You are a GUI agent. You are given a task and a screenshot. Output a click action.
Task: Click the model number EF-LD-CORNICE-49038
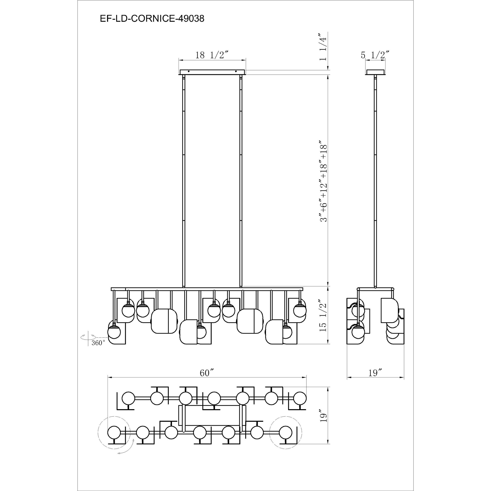click(152, 19)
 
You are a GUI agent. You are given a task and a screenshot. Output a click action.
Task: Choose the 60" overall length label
click(206, 373)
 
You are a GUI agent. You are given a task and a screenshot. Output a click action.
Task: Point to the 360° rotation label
click(98, 343)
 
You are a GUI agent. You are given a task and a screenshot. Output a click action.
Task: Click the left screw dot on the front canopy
click(188, 71)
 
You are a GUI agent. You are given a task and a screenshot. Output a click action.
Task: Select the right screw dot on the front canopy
click(236, 71)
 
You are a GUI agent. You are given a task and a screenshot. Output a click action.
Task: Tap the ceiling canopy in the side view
click(375, 72)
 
